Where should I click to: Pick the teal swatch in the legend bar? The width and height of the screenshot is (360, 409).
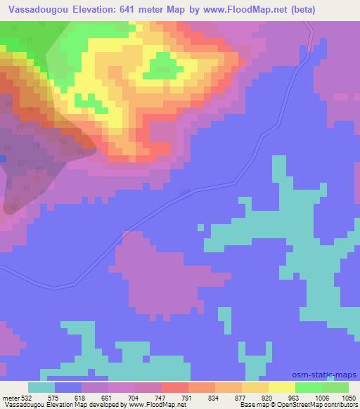click(41, 388)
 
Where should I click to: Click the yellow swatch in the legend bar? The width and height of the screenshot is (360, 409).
click(282, 388)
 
